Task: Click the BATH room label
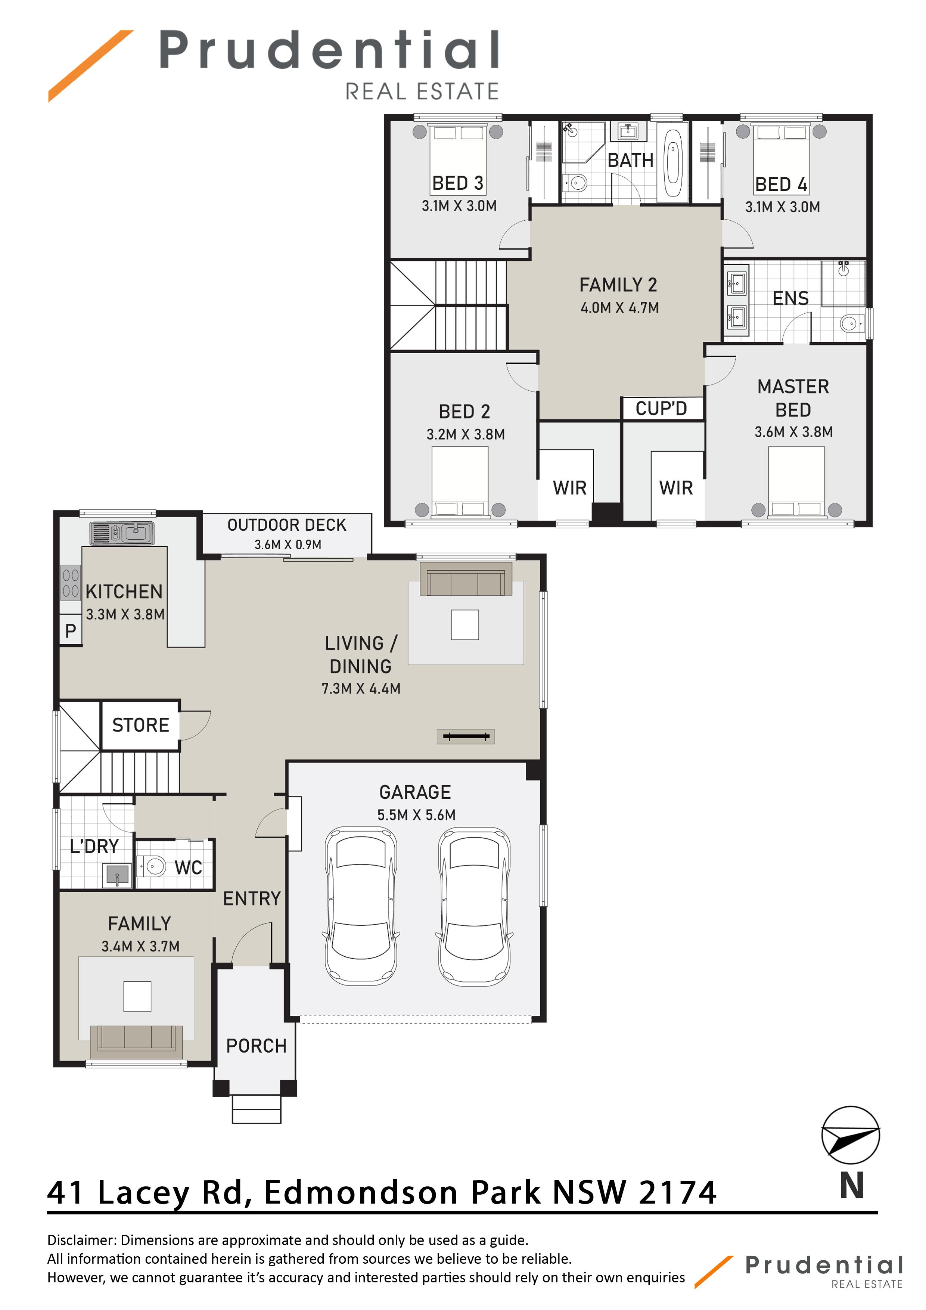(x=630, y=160)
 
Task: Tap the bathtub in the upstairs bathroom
(x=673, y=162)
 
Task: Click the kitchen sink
(x=121, y=533)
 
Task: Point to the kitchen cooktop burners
(x=70, y=583)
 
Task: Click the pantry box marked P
(x=71, y=630)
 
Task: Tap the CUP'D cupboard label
(x=661, y=409)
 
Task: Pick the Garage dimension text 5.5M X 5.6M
(x=416, y=815)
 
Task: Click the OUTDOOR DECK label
(x=287, y=525)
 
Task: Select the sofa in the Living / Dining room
(x=466, y=579)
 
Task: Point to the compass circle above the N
(x=850, y=1135)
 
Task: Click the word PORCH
(x=256, y=1046)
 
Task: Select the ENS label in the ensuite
(x=790, y=298)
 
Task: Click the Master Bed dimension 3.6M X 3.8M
(x=793, y=432)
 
